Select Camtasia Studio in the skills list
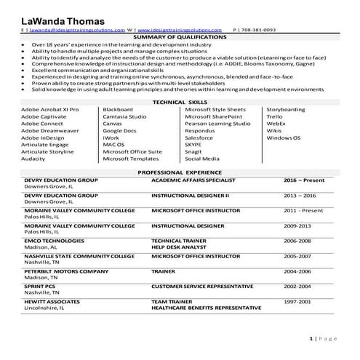125,116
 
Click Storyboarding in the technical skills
286,109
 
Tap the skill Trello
274,116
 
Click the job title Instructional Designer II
190,196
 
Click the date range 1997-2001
297,300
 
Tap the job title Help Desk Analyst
178,245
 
